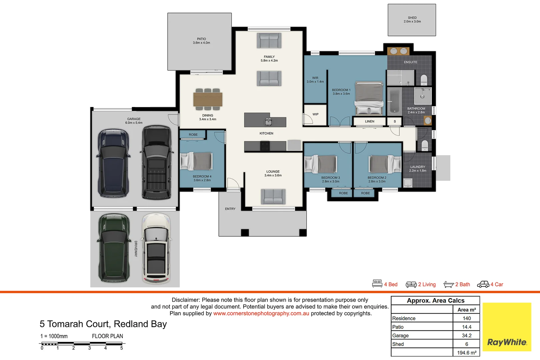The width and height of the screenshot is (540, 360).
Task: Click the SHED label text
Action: pyautogui.click(x=412, y=18)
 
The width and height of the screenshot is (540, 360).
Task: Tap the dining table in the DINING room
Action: pyautogui.click(x=208, y=99)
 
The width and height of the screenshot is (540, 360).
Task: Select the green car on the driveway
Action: pyautogui.click(x=114, y=248)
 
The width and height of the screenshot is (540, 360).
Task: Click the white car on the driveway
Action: pyautogui.click(x=156, y=248)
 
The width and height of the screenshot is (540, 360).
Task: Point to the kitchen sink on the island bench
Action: pyautogui.click(x=268, y=122)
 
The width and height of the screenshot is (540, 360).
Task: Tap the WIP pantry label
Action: pyautogui.click(x=315, y=114)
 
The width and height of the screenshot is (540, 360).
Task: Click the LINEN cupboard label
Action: pyautogui.click(x=370, y=121)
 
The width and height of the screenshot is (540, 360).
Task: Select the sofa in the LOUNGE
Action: pyautogui.click(x=273, y=196)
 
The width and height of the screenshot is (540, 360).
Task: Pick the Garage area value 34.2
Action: pyautogui.click(x=467, y=335)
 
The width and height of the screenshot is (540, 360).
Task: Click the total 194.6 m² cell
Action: pyautogui.click(x=467, y=353)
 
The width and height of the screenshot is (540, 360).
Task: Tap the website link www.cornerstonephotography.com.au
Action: pyautogui.click(x=261, y=313)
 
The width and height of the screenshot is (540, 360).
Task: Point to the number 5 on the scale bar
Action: pyautogui.click(x=121, y=348)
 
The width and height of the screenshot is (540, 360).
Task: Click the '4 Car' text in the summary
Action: pyautogui.click(x=497, y=284)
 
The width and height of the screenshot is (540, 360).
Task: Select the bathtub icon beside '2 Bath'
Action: pyautogui.click(x=449, y=285)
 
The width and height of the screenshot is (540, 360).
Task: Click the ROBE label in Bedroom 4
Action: pyautogui.click(x=193, y=134)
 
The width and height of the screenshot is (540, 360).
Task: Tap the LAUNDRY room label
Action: pyautogui.click(x=418, y=167)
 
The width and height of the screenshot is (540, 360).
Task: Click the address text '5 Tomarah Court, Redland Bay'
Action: pyautogui.click(x=103, y=324)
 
